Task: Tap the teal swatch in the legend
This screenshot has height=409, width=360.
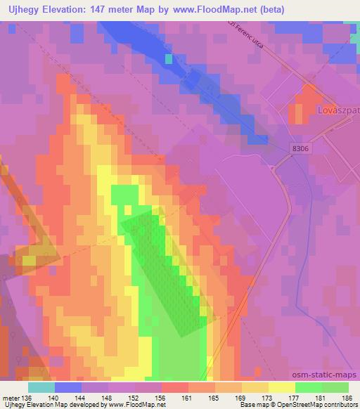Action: click(x=41, y=387)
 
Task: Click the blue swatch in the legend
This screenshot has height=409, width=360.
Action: click(x=68, y=387)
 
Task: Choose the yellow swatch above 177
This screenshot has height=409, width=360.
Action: click(x=282, y=387)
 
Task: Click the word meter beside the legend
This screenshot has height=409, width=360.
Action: click(x=11, y=398)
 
